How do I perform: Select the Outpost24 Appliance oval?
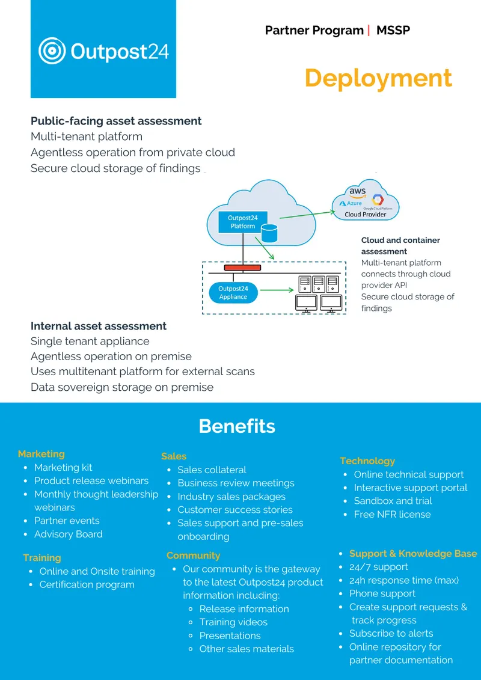coord(233,293)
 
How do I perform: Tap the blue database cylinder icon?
coord(270,233)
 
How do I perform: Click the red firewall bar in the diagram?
coord(242,268)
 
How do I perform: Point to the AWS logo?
coord(358,192)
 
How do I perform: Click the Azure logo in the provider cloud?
coord(351,203)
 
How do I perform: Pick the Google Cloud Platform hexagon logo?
coord(378,200)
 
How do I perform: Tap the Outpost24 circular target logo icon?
coord(52,50)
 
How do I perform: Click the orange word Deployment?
coord(378,79)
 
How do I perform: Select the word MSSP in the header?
coord(393,30)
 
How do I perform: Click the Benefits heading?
coord(237,426)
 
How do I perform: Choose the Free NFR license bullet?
coord(393,514)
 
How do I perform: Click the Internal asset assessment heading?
coord(99,326)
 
